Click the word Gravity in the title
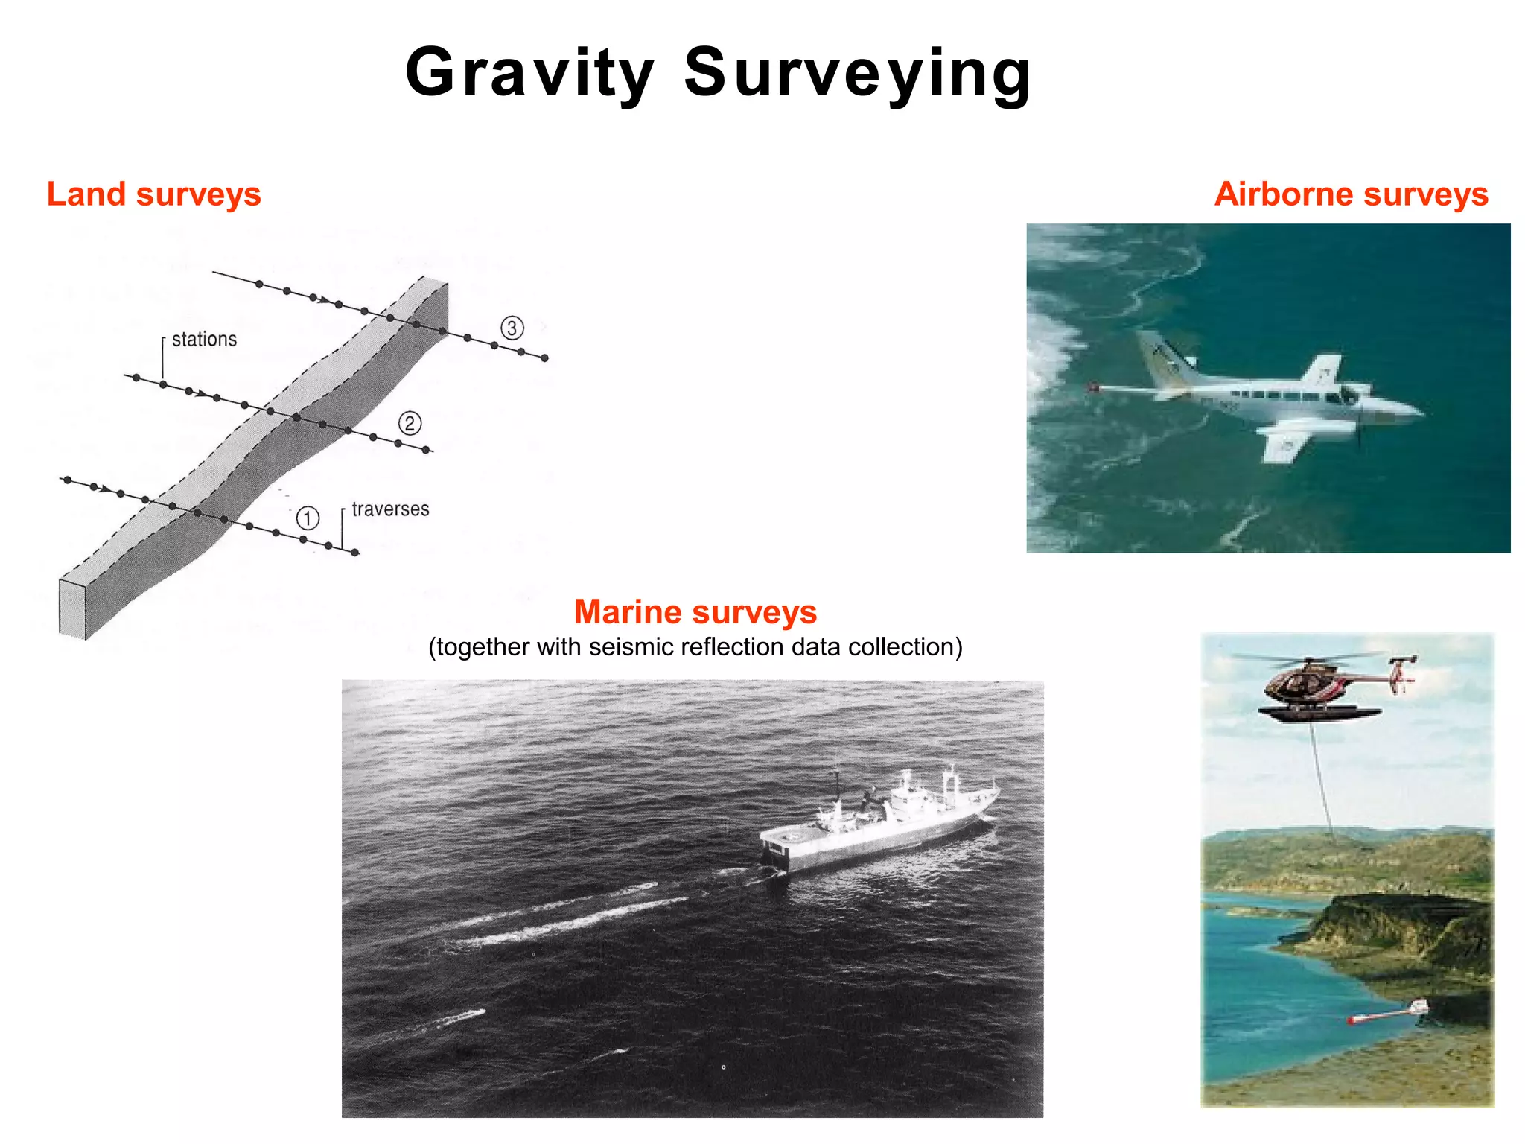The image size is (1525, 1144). click(529, 72)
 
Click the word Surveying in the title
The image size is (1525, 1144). click(857, 72)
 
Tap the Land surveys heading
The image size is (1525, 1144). click(153, 194)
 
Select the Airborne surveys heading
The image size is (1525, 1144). click(1351, 194)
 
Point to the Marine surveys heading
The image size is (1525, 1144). click(695, 612)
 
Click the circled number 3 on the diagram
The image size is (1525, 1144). click(512, 328)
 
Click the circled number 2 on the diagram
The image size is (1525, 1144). click(410, 424)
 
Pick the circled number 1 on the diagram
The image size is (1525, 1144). click(308, 518)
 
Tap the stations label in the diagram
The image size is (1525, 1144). click(204, 340)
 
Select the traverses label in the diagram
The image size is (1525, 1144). click(390, 509)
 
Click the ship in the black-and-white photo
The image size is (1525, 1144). click(879, 827)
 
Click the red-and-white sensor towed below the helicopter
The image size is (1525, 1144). click(1386, 1013)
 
